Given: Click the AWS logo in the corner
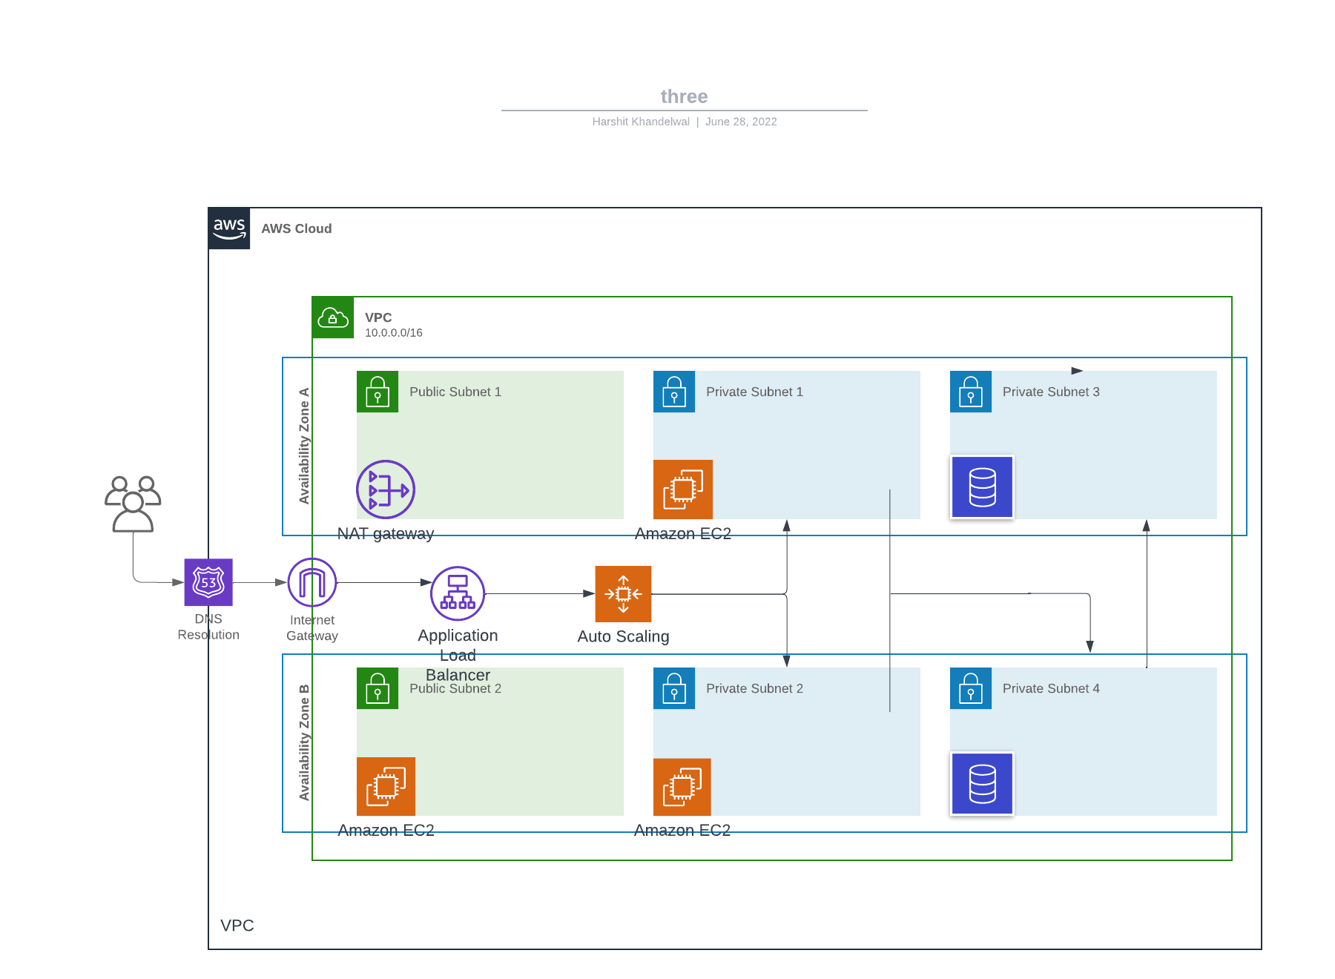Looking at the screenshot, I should tap(229, 228).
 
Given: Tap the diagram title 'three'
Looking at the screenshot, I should tap(684, 96).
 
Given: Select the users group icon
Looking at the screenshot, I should tap(133, 504).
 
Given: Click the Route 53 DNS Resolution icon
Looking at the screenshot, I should tap(208, 582).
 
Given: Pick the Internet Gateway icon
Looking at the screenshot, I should tap(312, 582).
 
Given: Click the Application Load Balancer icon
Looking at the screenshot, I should tap(458, 593).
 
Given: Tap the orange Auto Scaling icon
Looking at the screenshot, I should tap(623, 593).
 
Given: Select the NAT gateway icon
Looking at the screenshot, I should tap(386, 489).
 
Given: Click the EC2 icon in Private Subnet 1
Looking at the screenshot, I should tap(683, 489).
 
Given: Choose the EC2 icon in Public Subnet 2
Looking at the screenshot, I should tap(386, 786).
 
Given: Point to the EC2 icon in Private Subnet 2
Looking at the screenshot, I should tap(682, 786).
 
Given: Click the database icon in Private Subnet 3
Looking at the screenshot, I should tap(982, 487).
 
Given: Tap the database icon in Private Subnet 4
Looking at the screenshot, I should tap(982, 784).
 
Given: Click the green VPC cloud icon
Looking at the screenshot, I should tap(333, 317).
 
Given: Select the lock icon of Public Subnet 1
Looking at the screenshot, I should tap(378, 392).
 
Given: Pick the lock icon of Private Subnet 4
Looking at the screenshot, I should tap(971, 688).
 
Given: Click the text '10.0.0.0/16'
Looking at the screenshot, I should tap(393, 333).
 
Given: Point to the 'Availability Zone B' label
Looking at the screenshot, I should tap(304, 742).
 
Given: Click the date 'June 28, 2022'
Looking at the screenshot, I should tap(741, 122).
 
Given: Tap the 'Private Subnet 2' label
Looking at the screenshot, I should tap(754, 688).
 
